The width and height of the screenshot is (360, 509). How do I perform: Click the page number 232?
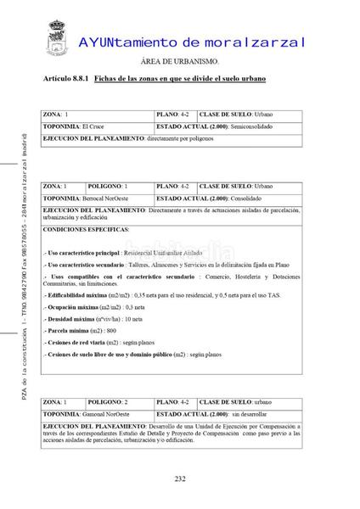click(180, 478)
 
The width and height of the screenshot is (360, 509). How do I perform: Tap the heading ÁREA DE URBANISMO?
click(179, 62)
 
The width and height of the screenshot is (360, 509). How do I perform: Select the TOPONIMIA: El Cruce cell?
click(97, 126)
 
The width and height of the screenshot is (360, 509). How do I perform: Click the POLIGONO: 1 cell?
click(119, 186)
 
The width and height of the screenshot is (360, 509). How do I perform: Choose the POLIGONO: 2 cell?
click(119, 401)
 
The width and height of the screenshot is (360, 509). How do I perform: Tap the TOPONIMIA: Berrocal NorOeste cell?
click(97, 198)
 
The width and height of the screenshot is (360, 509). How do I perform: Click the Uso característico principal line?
click(135, 253)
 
